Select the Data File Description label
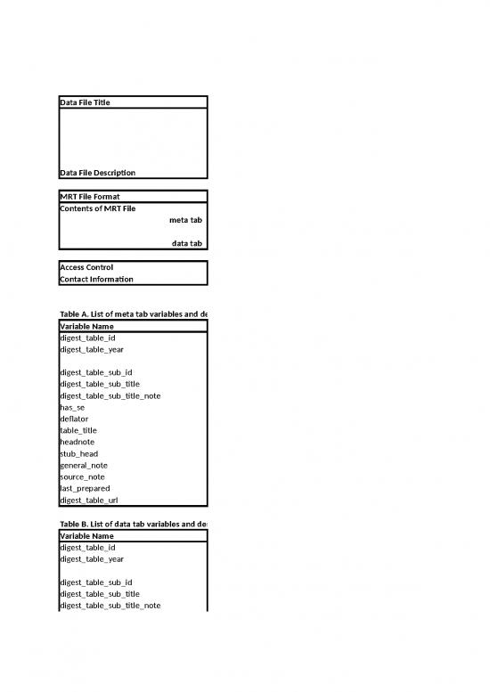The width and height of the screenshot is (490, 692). pos(97,172)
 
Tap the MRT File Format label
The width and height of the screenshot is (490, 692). pos(89,196)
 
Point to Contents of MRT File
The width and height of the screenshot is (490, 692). pos(97,208)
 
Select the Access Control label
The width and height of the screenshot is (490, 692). pos(86,267)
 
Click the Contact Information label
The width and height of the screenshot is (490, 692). pos(96,279)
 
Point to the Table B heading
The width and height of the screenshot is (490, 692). pos(133,524)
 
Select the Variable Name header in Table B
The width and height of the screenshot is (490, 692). pos(89,536)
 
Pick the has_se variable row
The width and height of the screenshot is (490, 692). pos(71,407)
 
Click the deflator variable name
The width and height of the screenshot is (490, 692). pos(74,419)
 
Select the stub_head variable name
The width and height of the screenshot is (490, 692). pos(78,453)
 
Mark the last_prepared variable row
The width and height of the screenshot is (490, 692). pos(85,488)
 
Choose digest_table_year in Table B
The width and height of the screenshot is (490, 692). pos(92,559)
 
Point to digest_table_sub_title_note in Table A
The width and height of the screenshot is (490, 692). pos(110,395)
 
